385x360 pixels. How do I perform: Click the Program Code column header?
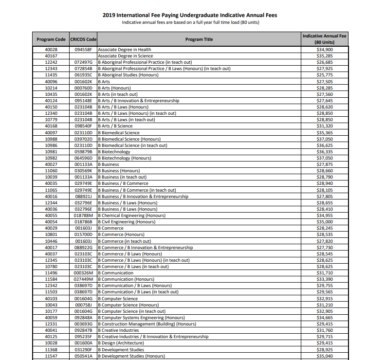coord(51,39)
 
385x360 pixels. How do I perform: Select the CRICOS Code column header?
coord(83,39)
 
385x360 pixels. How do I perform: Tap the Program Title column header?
coord(199,39)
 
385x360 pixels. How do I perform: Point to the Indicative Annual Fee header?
coord(325,39)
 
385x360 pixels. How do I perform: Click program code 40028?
coord(51,50)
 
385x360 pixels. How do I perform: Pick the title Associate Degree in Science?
coord(126,56)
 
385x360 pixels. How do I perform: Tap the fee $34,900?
coord(325,50)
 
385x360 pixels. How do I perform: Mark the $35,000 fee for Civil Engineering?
coord(325,222)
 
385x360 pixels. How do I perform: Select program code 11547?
coord(51,356)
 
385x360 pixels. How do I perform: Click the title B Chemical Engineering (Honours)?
coord(132,216)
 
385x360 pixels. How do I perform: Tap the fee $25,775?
coord(325,75)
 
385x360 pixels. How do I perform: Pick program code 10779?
coord(51,120)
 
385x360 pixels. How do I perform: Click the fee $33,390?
coord(325,279)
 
